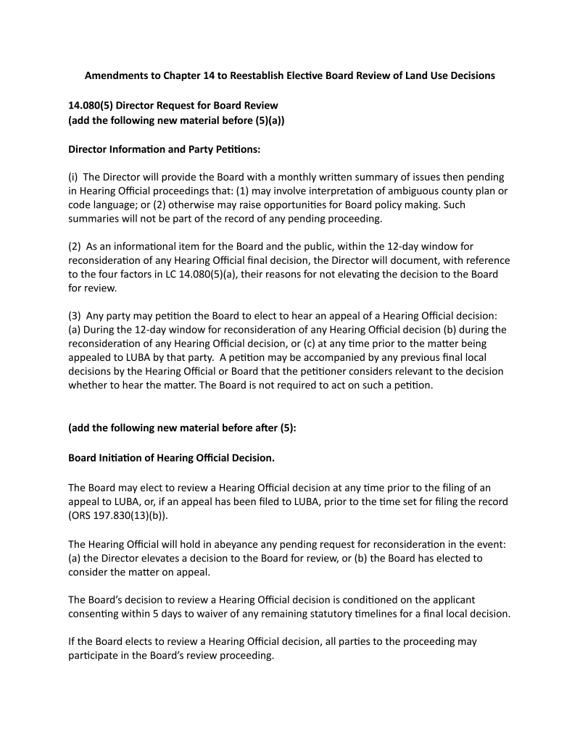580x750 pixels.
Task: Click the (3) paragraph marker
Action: point(75,316)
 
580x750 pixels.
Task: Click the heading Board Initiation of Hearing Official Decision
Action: point(171,458)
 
